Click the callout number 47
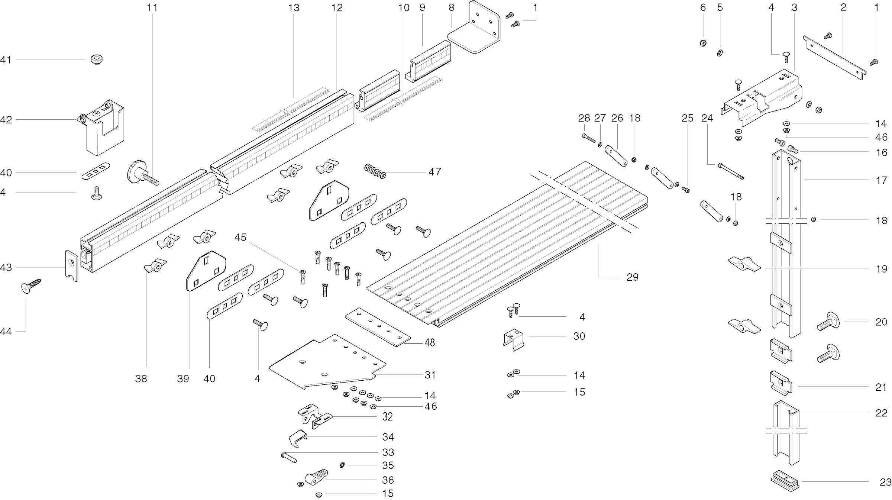tap(434, 172)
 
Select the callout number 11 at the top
tap(152, 7)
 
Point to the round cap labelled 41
tap(97, 59)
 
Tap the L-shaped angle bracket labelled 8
tap(476, 32)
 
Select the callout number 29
tap(632, 277)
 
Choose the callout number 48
tap(430, 342)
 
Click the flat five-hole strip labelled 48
tap(377, 327)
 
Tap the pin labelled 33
tap(289, 457)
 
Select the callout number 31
tap(430, 375)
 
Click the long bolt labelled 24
tap(731, 171)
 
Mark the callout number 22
tap(881, 413)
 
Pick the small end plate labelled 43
tap(71, 266)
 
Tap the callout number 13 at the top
tap(294, 7)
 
